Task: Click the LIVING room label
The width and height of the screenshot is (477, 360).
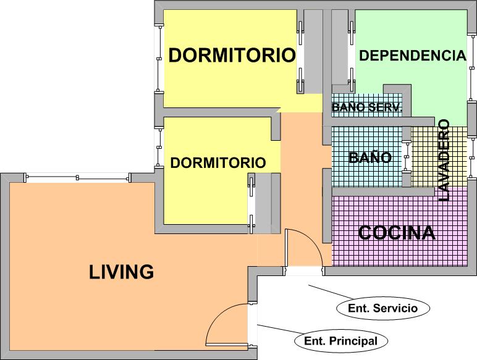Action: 121,272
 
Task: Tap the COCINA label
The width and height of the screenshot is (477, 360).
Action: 397,233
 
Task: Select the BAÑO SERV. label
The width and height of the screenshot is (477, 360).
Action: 367,107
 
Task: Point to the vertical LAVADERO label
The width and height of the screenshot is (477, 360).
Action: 444,160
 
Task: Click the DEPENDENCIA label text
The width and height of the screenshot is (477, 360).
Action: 413,56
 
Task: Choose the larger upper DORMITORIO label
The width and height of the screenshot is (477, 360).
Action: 232,55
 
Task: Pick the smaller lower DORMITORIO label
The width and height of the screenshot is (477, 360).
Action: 218,162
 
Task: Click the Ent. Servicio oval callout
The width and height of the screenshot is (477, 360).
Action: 383,308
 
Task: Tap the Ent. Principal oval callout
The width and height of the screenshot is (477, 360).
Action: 340,341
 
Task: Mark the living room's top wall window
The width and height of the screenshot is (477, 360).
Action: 78,177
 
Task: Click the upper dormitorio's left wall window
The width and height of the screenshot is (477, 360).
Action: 159,59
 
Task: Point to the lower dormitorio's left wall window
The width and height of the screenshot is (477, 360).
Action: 159,148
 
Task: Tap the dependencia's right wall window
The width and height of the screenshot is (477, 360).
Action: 472,66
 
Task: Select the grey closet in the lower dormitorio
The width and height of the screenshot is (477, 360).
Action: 263,203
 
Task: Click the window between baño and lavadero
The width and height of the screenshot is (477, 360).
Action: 407,157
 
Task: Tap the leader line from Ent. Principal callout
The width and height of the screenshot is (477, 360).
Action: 278,330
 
